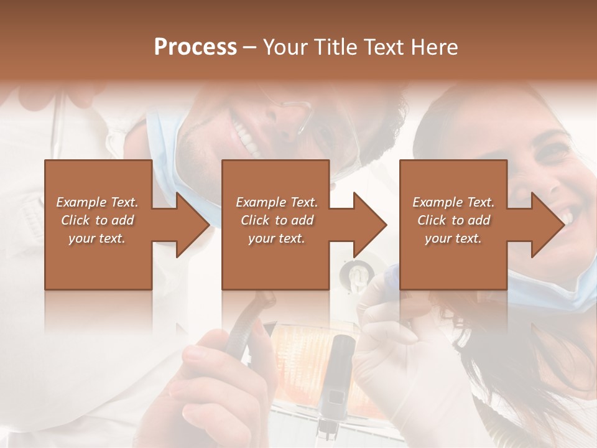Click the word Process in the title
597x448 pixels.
click(195, 47)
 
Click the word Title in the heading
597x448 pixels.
click(334, 47)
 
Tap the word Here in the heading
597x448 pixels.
click(435, 47)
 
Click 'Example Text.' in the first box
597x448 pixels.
click(98, 202)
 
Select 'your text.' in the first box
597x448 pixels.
click(98, 238)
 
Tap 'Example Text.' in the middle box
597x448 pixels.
click(277, 202)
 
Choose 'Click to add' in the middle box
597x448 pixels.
click(277, 220)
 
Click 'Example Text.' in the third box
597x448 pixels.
click(453, 202)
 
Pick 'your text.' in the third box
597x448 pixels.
click(453, 238)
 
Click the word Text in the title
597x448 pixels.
click(383, 47)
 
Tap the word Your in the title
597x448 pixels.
click(285, 47)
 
